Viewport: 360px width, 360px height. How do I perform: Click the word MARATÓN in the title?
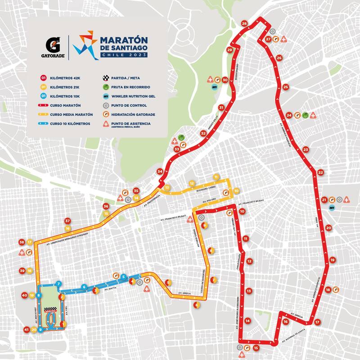click(120, 40)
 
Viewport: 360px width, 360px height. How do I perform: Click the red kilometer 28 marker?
click(244, 23)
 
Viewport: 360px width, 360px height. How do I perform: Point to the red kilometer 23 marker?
click(306, 150)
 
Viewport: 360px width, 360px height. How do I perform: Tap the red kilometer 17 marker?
click(318, 322)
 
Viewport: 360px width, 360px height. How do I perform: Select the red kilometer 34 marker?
click(160, 171)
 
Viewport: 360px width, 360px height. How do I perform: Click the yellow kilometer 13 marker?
click(167, 187)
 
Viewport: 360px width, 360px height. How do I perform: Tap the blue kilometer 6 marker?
click(84, 287)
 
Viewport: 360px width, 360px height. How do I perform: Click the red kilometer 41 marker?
click(27, 330)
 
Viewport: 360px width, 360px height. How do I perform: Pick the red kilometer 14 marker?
click(247, 321)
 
